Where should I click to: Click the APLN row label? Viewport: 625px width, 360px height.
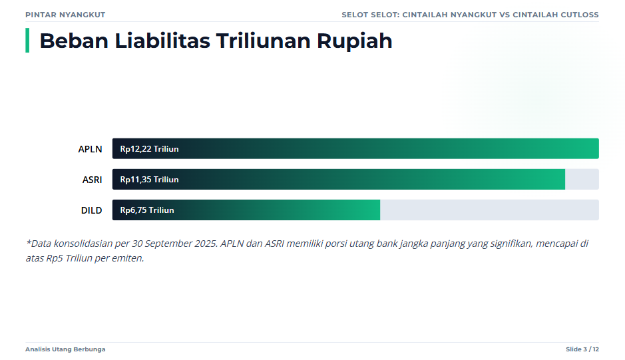pos(90,149)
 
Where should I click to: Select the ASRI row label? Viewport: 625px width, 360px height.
pos(92,180)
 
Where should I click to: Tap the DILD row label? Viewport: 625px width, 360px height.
pos(92,210)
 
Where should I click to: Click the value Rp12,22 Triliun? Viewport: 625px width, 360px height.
pos(150,149)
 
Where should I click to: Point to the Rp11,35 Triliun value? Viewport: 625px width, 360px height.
pos(150,180)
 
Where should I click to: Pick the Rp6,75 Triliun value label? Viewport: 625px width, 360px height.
pos(147,210)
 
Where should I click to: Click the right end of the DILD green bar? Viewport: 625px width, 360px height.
pos(380,210)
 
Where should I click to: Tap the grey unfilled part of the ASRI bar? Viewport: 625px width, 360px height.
pos(582,180)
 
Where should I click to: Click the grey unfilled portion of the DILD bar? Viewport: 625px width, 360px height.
pos(489,210)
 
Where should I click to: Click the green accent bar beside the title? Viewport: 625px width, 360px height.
pos(27,41)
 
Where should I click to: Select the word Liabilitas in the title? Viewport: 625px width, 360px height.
pos(162,41)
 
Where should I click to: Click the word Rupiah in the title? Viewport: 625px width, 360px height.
pos(354,41)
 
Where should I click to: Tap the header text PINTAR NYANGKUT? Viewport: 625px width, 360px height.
pos(65,15)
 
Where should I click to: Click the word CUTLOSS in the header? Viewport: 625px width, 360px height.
pos(580,15)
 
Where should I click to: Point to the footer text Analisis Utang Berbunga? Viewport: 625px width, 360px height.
pos(65,349)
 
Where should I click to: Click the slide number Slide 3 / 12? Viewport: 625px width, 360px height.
pos(582,349)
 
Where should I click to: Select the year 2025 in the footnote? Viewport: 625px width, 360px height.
pos(206,243)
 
